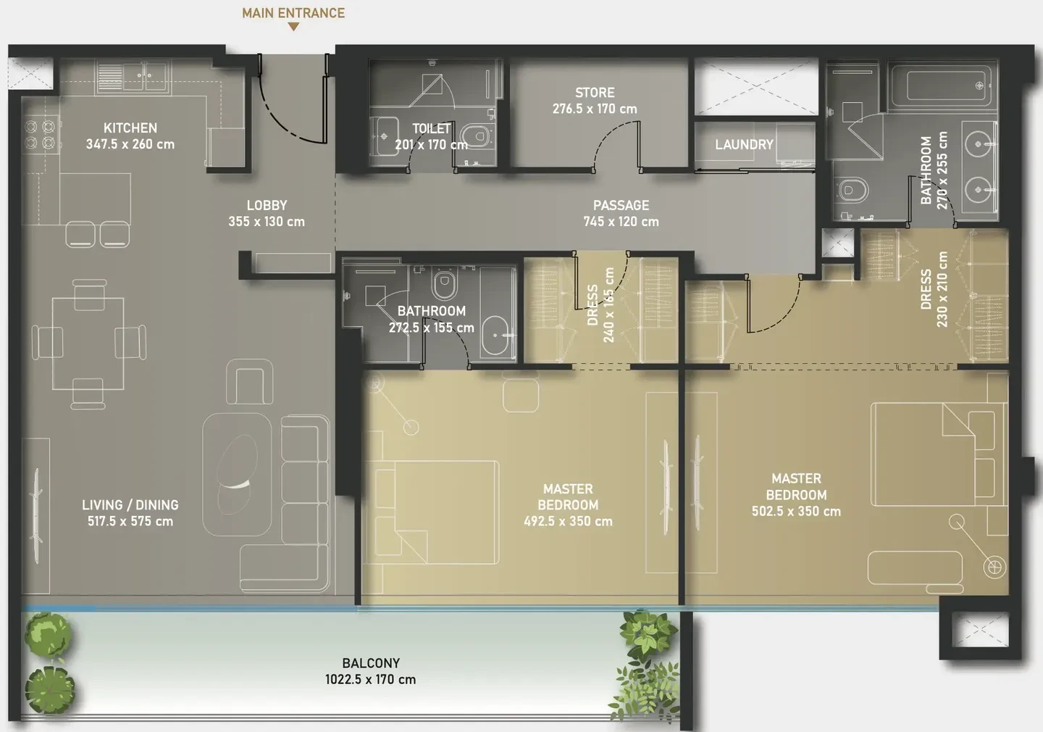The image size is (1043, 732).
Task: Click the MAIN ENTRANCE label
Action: pos(293,13)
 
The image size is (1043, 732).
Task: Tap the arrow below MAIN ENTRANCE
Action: pos(293,27)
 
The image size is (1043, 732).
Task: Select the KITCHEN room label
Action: pos(130,128)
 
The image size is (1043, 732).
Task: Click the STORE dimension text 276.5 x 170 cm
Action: pos(595,109)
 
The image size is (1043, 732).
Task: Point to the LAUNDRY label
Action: pos(744,144)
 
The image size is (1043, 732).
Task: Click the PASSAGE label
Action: pos(621,205)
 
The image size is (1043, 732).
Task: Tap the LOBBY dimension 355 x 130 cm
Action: pos(267,221)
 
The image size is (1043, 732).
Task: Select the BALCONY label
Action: pos(371,662)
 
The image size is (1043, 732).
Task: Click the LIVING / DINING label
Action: pos(130,504)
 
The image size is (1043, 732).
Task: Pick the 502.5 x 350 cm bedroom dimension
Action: pos(796,511)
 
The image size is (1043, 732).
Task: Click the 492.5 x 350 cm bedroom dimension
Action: pos(568,521)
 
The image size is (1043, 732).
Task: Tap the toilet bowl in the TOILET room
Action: pos(477,136)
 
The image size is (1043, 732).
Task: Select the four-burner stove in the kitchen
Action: pos(41,134)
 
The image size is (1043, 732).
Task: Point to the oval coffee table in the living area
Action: pos(238,474)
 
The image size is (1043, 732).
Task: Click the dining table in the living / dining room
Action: pos(88,344)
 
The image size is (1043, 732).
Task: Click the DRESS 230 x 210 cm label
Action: pos(934,289)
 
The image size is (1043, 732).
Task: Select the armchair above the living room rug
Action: pos(250,381)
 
